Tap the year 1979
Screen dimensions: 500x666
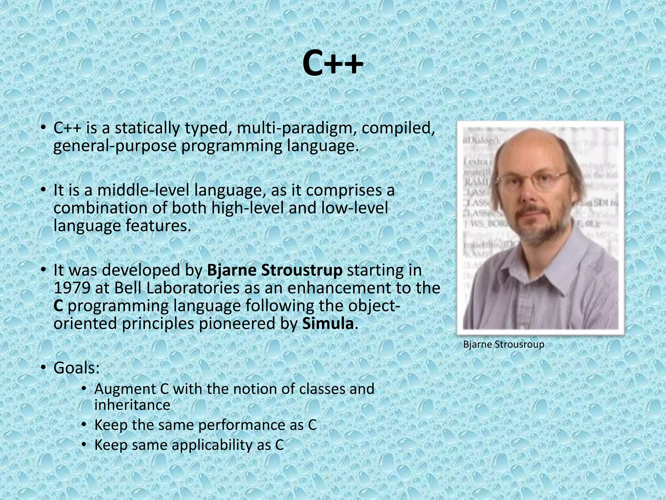pos(72,288)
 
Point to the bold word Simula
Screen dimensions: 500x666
pos(328,324)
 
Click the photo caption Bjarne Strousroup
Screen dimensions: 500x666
pos(503,344)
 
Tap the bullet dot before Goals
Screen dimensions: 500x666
pos(43,368)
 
